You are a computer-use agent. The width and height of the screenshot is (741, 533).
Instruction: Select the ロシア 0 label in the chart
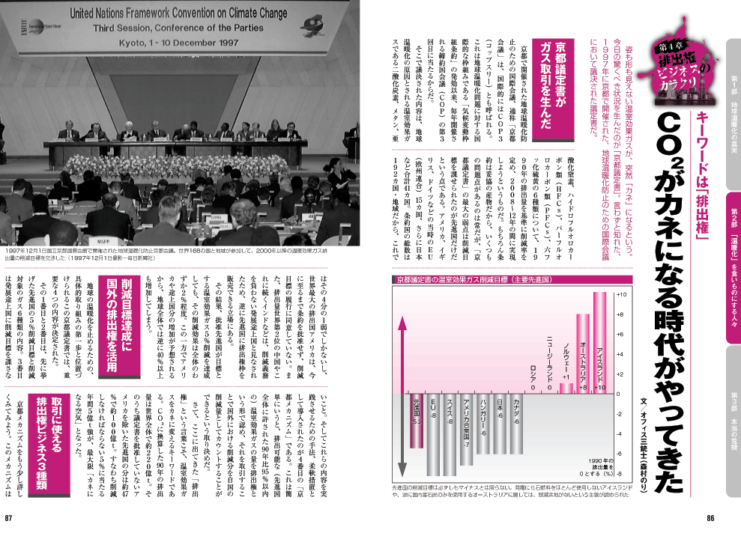click(533, 378)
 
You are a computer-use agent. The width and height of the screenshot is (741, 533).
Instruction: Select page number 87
click(10, 519)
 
